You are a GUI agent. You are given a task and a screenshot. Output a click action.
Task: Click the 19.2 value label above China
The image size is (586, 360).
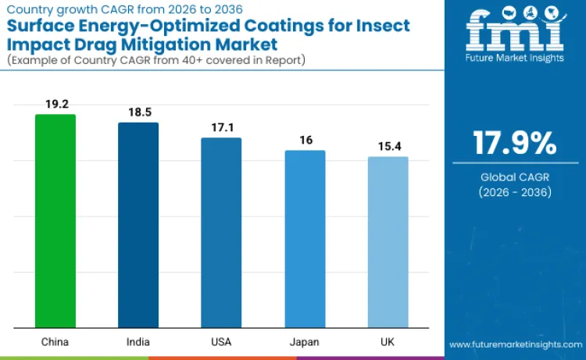point(55,103)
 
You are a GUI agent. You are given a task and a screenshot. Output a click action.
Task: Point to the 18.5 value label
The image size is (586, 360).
point(138,112)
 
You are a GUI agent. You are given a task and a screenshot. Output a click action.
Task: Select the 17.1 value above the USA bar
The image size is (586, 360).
point(221,127)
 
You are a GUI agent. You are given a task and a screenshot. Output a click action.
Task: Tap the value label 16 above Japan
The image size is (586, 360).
point(305,139)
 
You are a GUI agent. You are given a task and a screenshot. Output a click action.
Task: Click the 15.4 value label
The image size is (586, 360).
point(388,146)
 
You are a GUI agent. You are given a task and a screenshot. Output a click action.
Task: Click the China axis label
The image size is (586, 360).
point(55,342)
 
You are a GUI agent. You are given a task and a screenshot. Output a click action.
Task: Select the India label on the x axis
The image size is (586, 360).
point(138,342)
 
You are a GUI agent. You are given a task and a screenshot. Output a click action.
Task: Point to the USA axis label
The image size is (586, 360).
point(221,342)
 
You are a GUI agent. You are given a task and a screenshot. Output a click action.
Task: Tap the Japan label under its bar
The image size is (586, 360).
point(305,342)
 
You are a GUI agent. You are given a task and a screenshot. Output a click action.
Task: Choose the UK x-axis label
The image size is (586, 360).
point(388,342)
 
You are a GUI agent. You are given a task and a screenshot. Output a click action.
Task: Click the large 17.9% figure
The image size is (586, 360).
point(514,143)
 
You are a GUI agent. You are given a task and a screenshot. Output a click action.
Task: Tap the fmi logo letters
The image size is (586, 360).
point(514,31)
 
